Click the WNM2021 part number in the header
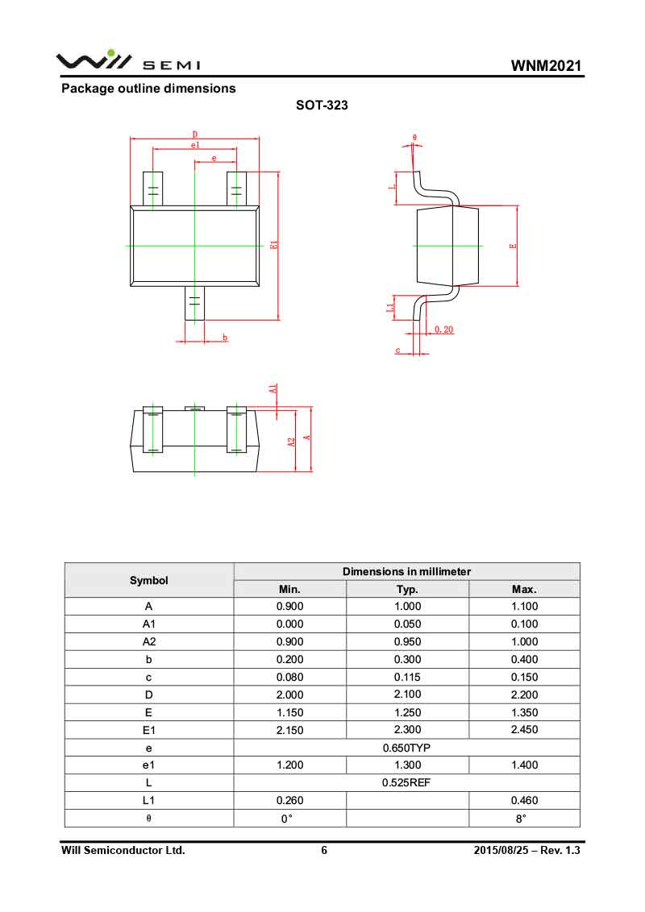click(x=546, y=66)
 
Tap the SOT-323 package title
click(x=322, y=105)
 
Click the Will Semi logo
click(x=127, y=61)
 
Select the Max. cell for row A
click(x=524, y=607)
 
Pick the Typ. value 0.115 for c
click(x=407, y=678)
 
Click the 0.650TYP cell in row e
click(x=406, y=748)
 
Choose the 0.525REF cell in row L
click(x=406, y=783)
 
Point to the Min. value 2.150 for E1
click(x=290, y=730)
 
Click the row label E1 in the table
click(x=149, y=730)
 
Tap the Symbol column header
click(x=149, y=580)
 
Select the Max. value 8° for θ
click(x=524, y=819)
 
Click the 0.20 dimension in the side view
click(x=443, y=330)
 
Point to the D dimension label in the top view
click(x=195, y=135)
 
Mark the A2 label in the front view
click(x=289, y=442)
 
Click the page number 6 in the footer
click(x=324, y=851)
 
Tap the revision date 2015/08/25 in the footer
click(x=501, y=851)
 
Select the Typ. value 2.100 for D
click(x=407, y=694)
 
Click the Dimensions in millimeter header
click(x=406, y=571)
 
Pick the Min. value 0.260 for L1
click(x=290, y=801)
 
